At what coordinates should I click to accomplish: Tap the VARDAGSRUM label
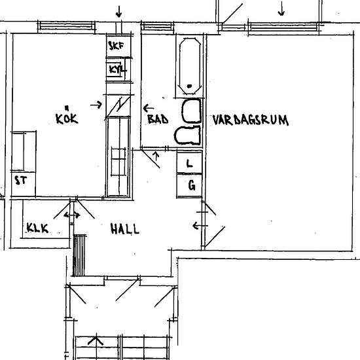(251, 120)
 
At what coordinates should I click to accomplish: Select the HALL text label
(124, 228)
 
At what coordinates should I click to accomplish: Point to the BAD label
(158, 119)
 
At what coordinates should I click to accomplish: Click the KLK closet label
(37, 228)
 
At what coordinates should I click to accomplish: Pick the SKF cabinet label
(116, 46)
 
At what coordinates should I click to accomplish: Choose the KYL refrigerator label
(118, 69)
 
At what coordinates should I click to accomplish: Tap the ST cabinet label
(21, 180)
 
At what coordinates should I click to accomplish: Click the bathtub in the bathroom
(190, 66)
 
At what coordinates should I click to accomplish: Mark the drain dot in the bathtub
(189, 86)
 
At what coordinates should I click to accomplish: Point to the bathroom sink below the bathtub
(192, 111)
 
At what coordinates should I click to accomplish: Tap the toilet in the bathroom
(187, 135)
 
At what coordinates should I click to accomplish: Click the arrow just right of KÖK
(96, 105)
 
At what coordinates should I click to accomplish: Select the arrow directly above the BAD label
(149, 108)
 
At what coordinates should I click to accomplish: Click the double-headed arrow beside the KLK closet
(72, 215)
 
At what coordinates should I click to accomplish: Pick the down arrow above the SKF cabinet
(118, 12)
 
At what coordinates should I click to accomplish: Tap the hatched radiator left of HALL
(79, 255)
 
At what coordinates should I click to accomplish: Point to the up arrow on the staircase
(96, 341)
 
